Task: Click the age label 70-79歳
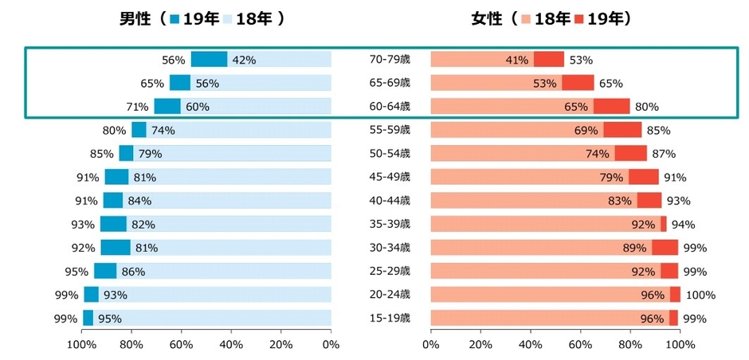coord(390,60)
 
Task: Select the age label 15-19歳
coord(390,319)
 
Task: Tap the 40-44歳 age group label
coord(390,201)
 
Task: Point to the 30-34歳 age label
coord(390,248)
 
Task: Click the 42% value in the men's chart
coord(243,60)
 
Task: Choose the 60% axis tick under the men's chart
coord(181,345)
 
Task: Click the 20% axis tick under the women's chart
coord(480,345)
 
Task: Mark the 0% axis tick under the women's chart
coord(430,345)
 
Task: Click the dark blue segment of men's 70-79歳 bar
coord(209,60)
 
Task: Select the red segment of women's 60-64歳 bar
coord(611,107)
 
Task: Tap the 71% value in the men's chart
coord(137,107)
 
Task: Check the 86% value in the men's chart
coord(133,272)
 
